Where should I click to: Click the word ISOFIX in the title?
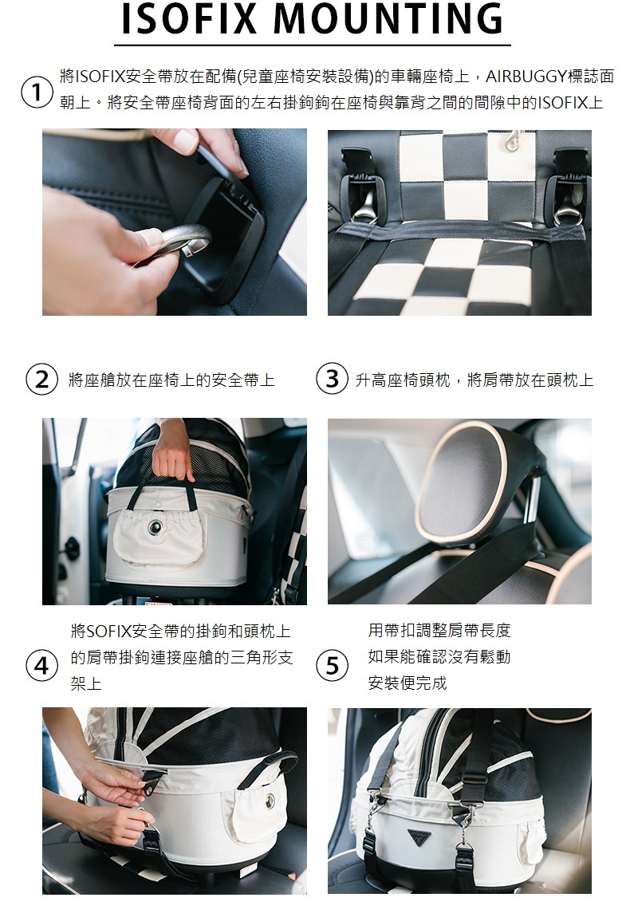coord(189,19)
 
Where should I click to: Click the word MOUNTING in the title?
coord(388,19)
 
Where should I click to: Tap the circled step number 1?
coord(37,92)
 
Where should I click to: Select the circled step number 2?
coord(41,380)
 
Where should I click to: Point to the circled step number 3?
coord(332,379)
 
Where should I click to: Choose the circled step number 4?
coord(41,666)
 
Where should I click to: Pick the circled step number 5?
coord(332,666)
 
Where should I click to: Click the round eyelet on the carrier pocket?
coord(155,527)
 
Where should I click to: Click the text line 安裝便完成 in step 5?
coord(408,683)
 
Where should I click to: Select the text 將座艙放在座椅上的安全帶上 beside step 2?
coord(171,380)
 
